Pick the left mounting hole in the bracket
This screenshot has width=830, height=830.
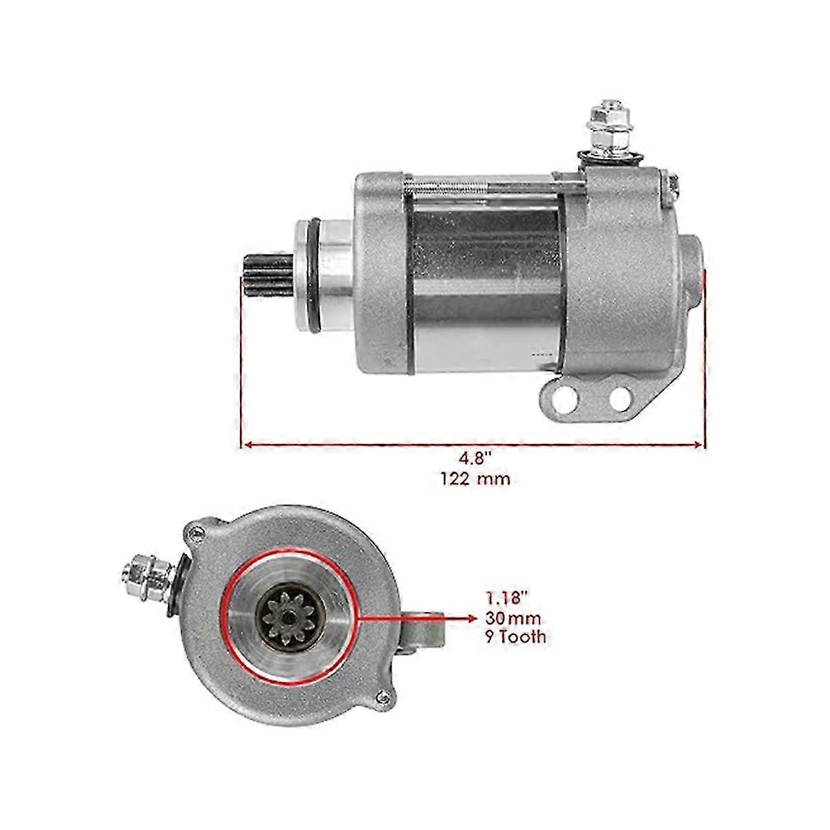coord(565,396)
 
